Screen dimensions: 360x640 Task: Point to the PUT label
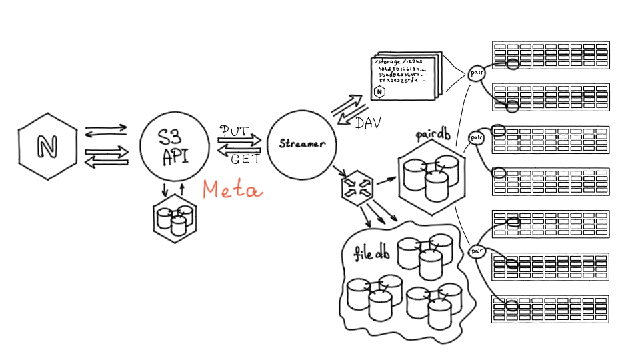[x=234, y=129]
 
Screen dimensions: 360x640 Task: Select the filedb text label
[x=372, y=253]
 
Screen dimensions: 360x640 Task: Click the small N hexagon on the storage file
[x=380, y=91]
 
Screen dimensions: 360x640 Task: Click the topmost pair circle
[x=477, y=73]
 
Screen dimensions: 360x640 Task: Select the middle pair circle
[x=476, y=138]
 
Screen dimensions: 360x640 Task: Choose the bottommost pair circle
[x=477, y=251]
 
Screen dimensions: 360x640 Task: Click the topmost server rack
[x=551, y=56]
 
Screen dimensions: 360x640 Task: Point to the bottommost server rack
[x=551, y=309]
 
